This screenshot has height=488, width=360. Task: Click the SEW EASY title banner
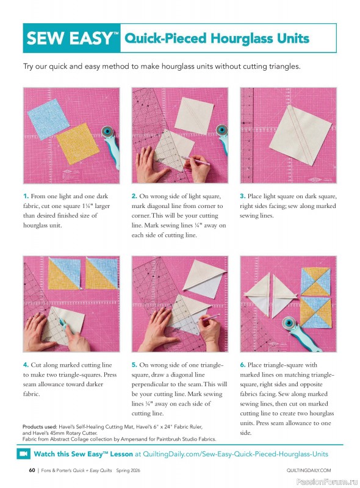pos(72,39)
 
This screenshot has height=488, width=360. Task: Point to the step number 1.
pos(26,196)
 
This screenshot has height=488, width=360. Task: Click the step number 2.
pos(134,196)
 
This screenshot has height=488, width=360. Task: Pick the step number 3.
pos(242,196)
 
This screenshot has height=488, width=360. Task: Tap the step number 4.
pos(26,365)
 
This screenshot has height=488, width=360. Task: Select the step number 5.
pos(134,365)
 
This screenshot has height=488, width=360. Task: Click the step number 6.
pos(242,365)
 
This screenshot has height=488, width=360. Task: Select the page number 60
pos(31,470)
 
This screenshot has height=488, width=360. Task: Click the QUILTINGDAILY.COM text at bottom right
pos(308,470)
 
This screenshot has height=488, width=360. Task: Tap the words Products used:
pos(40,426)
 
